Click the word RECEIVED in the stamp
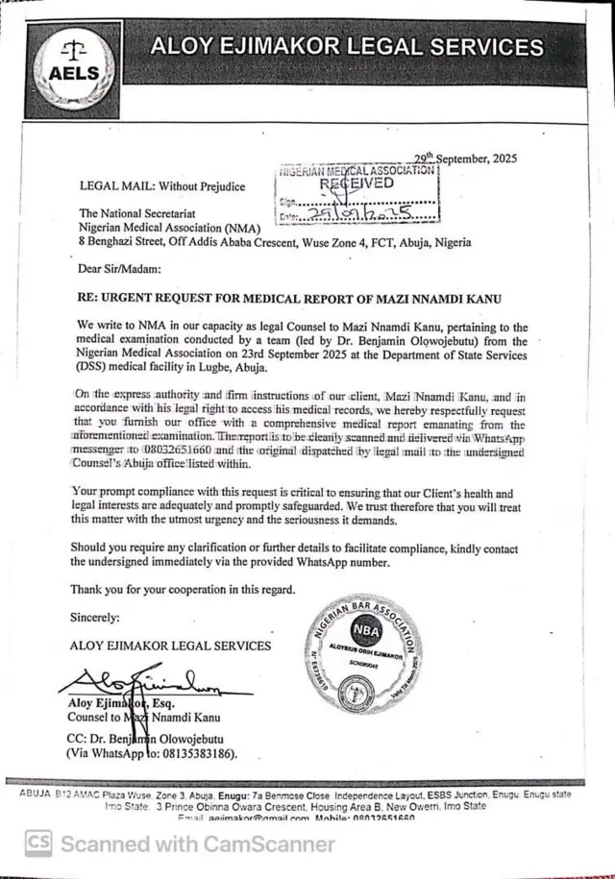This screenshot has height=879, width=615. coord(357,183)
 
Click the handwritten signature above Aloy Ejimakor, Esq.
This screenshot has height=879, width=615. coord(144,685)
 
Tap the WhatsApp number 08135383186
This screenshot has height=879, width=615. coord(196,754)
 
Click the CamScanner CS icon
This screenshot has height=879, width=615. coord(37,843)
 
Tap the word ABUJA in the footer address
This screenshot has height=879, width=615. coord(36,794)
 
